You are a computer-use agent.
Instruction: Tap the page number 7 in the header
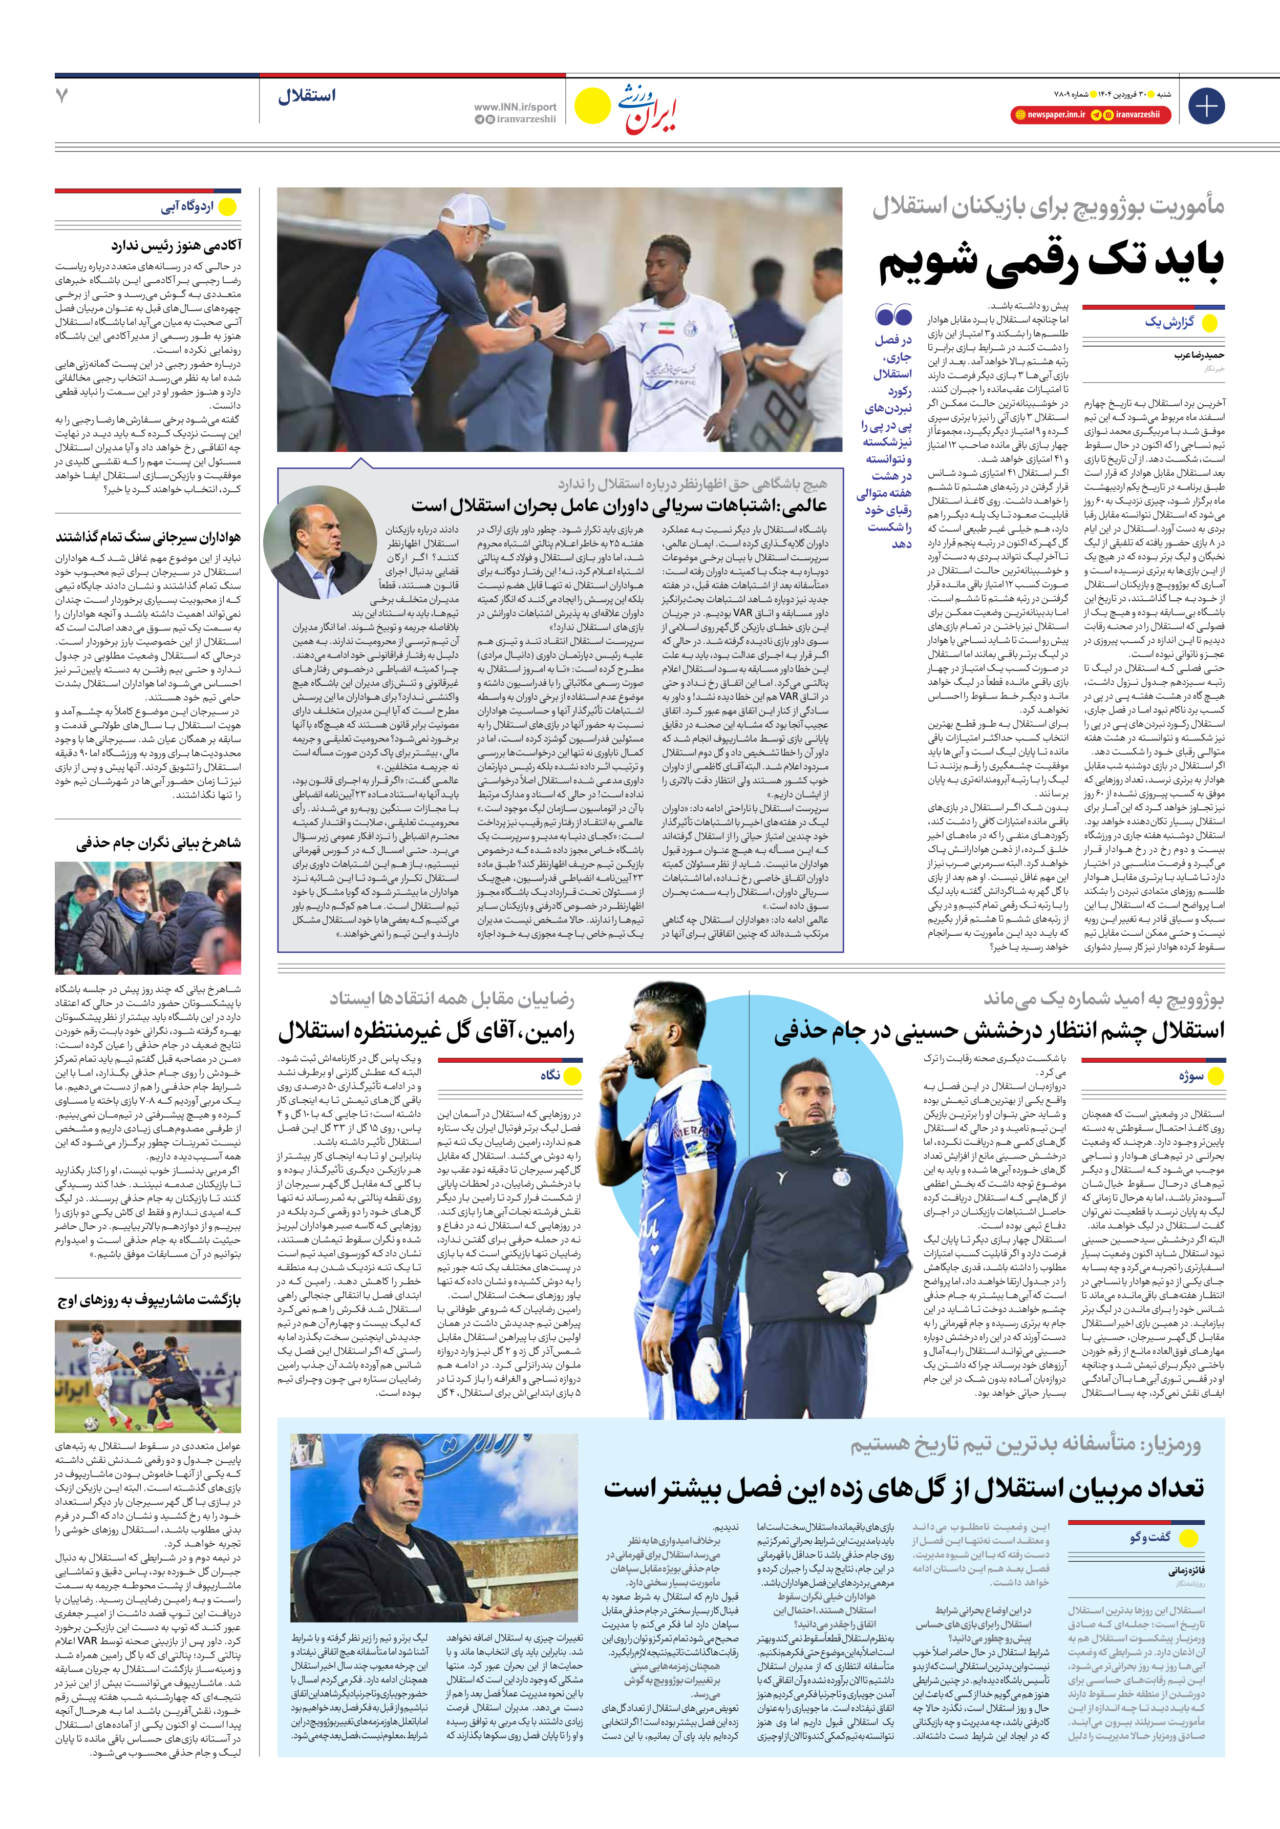pos(62,96)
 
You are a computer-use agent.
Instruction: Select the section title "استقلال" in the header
pos(307,96)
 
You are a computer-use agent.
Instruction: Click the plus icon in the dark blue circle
pos(1206,106)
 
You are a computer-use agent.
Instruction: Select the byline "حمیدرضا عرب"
pos(1198,355)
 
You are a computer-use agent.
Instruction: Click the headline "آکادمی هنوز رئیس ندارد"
pos(176,245)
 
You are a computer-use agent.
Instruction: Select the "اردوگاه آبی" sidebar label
pos(187,207)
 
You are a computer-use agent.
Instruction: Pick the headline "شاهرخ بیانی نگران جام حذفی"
pos(159,843)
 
